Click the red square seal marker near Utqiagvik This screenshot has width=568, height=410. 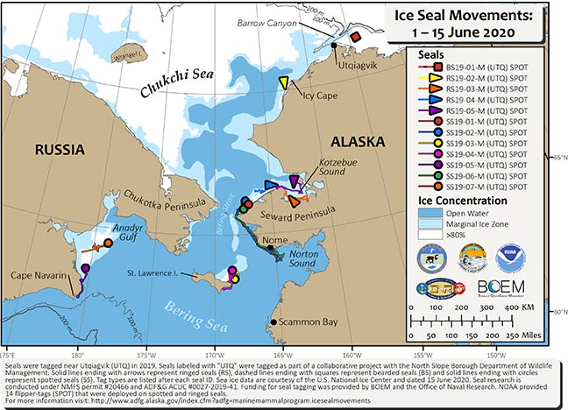pyautogui.click(x=356, y=38)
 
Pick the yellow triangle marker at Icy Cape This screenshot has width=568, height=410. pyautogui.click(x=285, y=83)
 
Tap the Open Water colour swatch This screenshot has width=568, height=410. pyautogui.click(x=422, y=214)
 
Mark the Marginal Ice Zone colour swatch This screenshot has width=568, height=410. pyautogui.click(x=422, y=225)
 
